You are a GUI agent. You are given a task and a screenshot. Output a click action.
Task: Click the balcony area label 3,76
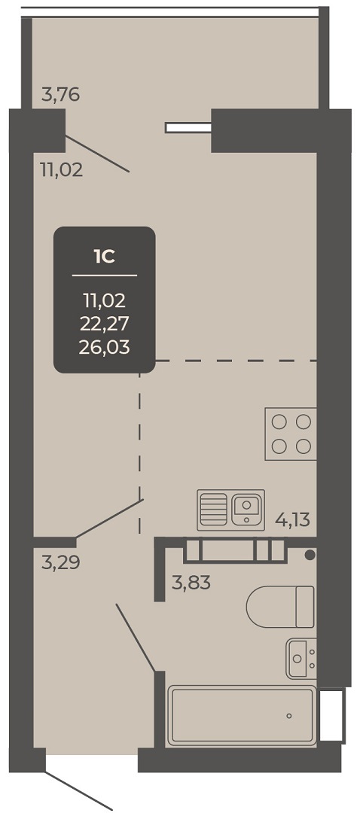coord(61,96)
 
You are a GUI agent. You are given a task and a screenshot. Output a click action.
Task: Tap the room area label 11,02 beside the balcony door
coord(62,170)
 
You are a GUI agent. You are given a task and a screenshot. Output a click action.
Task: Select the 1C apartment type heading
coord(104,257)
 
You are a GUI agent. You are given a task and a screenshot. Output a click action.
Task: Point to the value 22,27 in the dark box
coord(104,323)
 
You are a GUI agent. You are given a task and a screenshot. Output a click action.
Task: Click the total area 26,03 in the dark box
coord(104,346)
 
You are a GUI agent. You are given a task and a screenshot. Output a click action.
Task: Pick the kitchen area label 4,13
coord(292,519)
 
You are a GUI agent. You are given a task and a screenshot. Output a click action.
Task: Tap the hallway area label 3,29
coord(61,562)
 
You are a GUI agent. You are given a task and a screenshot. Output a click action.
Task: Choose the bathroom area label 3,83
coord(191,583)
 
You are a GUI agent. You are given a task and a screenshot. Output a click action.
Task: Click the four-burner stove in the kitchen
coord(291,434)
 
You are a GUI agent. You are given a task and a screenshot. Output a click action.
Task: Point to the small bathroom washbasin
coord(301,659)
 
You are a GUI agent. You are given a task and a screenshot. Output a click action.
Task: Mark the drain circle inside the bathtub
coord(289,716)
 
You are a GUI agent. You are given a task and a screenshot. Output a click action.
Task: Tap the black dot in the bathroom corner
coord(310,556)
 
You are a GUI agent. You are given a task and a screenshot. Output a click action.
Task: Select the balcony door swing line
coord(97,154)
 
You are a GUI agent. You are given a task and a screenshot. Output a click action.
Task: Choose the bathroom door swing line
coord(136,638)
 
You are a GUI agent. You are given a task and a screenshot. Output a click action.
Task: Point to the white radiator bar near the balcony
coord(188,127)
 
